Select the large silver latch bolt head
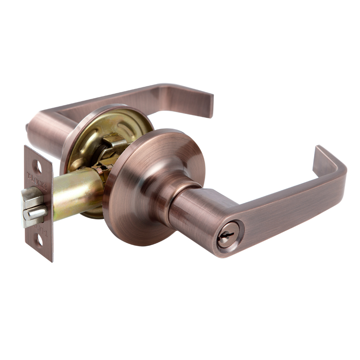tap(32, 198)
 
